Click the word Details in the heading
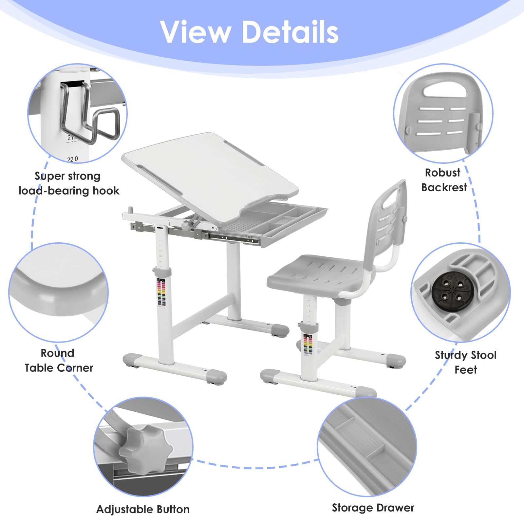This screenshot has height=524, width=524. [x=290, y=32]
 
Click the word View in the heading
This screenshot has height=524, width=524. [x=196, y=32]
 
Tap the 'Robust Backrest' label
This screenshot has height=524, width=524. [x=444, y=180]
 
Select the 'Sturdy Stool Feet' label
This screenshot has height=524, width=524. [x=465, y=362]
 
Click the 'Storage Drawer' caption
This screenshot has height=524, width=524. [x=373, y=508]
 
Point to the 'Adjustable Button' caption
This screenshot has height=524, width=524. [x=143, y=509]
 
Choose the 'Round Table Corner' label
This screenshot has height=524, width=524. [x=59, y=360]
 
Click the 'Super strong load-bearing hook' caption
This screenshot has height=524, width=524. [x=69, y=183]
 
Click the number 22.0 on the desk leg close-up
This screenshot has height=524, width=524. [x=73, y=159]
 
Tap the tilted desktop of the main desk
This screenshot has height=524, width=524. [x=210, y=174]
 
